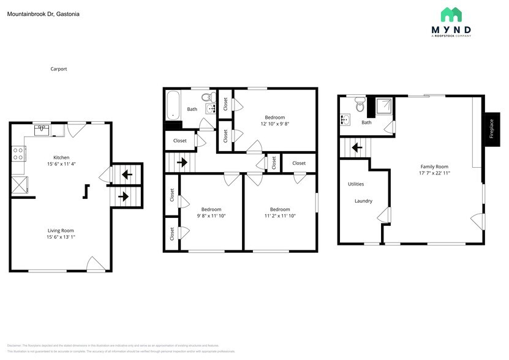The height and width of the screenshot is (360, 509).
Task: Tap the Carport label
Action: (59, 69)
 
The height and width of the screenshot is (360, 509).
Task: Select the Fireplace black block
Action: (491, 129)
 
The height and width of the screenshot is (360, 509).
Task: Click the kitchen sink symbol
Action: (42, 130)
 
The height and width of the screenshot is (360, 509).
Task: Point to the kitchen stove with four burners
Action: (17, 152)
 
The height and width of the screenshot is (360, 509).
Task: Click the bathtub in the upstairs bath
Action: (173, 105)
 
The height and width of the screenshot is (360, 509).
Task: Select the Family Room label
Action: (434, 167)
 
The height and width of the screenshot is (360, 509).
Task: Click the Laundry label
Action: (363, 201)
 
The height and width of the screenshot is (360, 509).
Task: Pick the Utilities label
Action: (356, 184)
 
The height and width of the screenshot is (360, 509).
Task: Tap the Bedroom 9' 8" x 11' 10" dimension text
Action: (211, 216)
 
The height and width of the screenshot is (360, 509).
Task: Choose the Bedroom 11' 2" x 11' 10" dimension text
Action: (280, 216)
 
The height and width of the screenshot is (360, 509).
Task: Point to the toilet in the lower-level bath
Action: (360, 106)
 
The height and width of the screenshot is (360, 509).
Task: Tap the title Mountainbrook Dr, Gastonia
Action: (43, 13)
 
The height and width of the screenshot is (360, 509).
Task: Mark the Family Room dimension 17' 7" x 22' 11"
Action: (434, 174)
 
